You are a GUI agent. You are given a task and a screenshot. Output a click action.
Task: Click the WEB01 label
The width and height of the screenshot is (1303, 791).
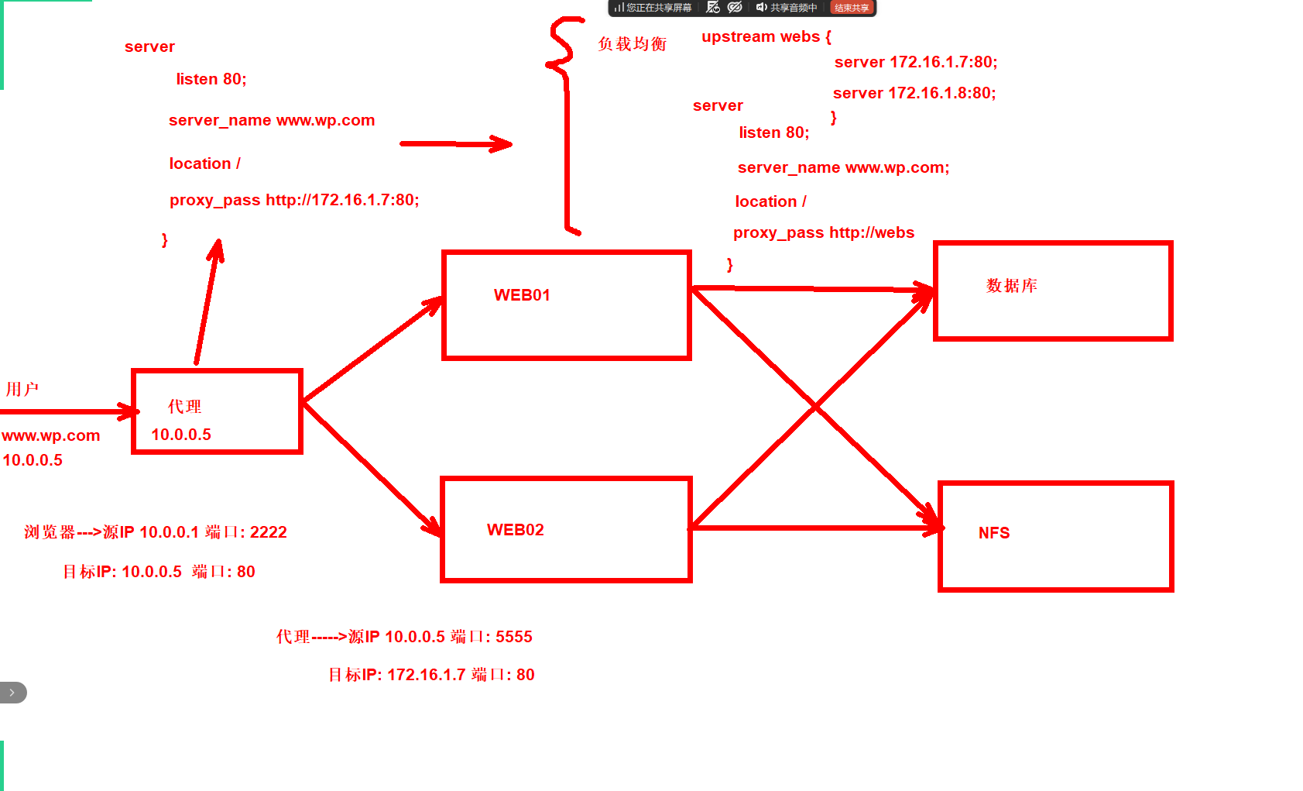[x=522, y=295]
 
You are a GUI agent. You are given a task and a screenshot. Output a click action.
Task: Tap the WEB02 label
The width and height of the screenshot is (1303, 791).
[x=516, y=530]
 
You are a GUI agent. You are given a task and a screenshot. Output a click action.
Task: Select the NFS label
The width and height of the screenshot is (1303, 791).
[x=994, y=532]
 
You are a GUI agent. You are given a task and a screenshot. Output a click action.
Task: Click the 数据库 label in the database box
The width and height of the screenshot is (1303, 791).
[x=1012, y=286]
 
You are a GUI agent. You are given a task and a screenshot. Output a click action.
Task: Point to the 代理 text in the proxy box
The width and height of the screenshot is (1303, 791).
[x=184, y=406]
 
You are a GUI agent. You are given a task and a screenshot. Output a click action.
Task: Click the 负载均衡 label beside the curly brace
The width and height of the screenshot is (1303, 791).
[x=633, y=43]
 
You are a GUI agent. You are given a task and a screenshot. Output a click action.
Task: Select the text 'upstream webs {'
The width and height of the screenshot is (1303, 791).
[x=766, y=36]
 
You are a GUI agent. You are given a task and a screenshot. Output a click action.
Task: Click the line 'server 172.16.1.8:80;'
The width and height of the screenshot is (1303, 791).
[x=914, y=93]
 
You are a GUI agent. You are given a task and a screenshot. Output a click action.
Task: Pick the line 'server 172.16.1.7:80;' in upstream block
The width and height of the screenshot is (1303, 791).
[x=916, y=62]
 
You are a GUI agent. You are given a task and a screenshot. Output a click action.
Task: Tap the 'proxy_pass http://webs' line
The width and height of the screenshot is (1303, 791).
[x=824, y=233]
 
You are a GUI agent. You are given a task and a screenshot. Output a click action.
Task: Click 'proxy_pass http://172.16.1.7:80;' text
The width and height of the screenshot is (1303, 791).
[x=294, y=200]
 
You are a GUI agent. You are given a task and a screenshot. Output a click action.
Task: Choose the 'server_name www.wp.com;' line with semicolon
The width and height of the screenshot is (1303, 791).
[x=843, y=167]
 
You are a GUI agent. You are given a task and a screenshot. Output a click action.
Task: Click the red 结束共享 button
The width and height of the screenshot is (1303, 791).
[x=852, y=8]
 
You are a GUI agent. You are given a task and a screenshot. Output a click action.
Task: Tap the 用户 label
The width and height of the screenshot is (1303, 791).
[x=22, y=389]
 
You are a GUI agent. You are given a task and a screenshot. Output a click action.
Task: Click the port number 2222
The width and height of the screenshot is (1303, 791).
[x=268, y=532]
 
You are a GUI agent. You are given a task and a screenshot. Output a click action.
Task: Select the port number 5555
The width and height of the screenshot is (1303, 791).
[x=513, y=637]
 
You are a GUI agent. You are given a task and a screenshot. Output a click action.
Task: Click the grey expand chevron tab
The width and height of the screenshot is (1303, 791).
[x=12, y=693]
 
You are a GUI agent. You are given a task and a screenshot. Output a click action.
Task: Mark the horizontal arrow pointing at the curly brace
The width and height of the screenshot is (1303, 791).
[x=456, y=144]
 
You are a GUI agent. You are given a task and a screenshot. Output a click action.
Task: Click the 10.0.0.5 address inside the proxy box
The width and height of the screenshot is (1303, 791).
[x=181, y=435]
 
